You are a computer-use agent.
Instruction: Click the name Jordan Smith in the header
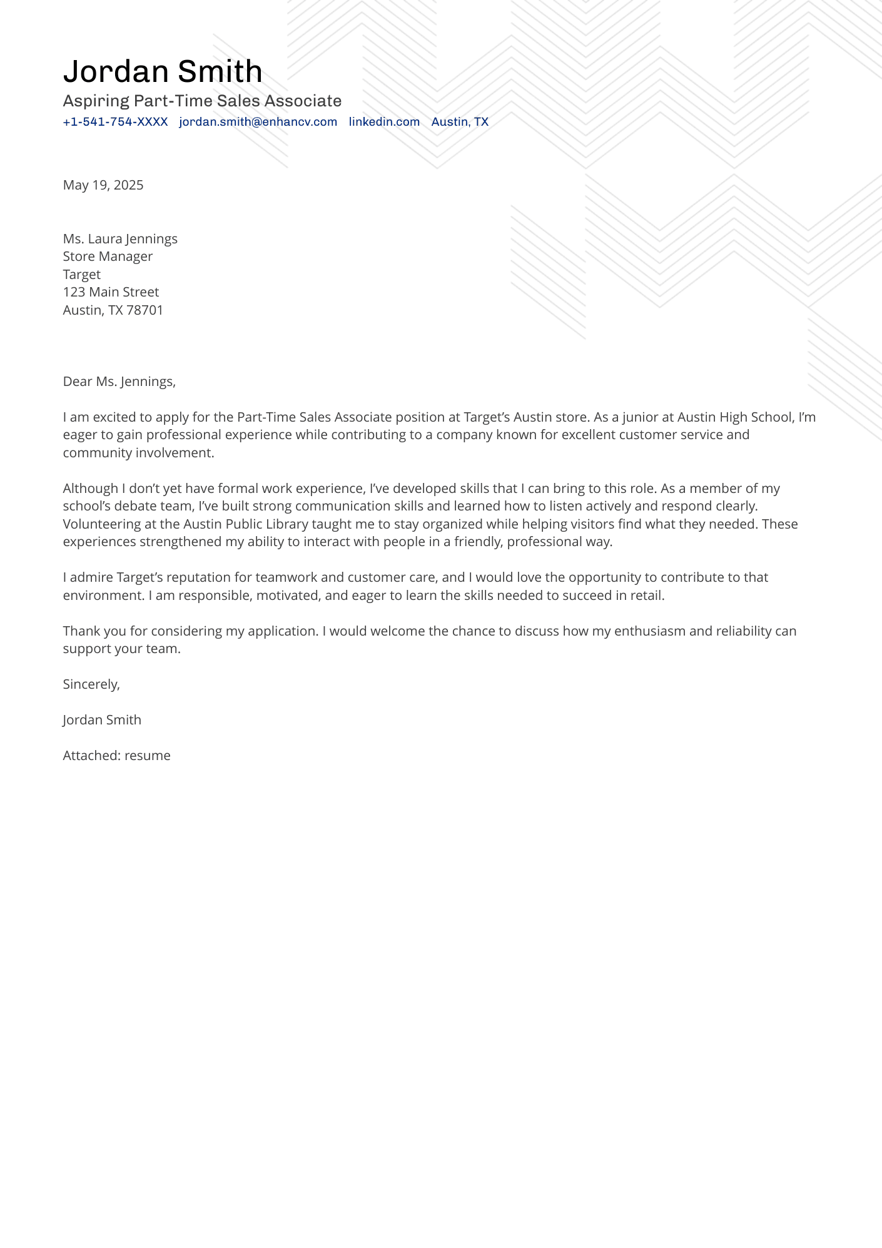tap(163, 71)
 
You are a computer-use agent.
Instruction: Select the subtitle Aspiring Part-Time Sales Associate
tap(202, 101)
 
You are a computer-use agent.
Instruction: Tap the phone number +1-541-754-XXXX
tap(115, 122)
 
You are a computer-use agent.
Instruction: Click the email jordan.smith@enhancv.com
tap(258, 122)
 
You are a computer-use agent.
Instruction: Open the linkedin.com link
tap(384, 122)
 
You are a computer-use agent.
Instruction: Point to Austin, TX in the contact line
tap(460, 122)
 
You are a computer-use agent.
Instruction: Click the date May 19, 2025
tap(103, 185)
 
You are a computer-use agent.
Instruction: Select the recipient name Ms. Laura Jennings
tap(120, 239)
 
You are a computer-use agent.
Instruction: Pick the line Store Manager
tap(108, 256)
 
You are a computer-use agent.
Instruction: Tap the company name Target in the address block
tap(82, 275)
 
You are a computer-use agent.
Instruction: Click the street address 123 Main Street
tap(111, 292)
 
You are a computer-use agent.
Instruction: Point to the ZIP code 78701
tap(144, 310)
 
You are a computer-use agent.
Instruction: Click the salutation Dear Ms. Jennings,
tap(119, 382)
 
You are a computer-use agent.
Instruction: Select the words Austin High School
tap(734, 417)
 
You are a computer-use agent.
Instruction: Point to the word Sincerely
tap(91, 684)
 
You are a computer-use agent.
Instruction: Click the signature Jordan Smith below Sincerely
tap(102, 720)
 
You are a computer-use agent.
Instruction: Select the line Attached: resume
tap(116, 756)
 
